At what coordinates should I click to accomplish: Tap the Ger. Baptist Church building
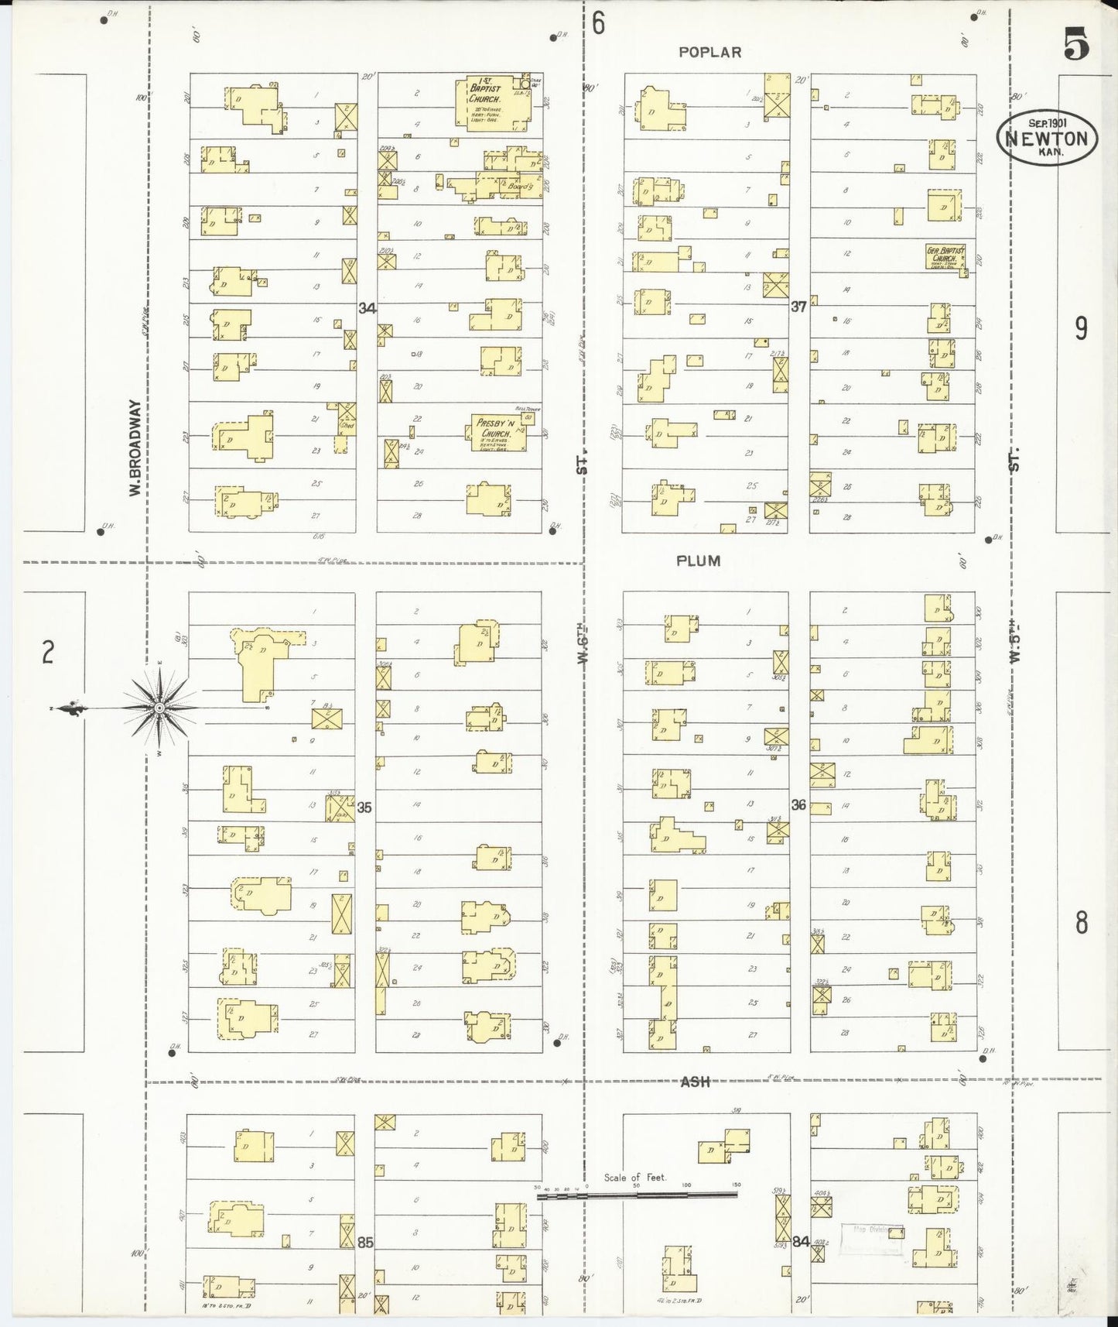point(945,256)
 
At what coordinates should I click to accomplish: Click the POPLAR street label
point(709,52)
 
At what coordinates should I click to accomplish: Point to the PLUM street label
point(698,561)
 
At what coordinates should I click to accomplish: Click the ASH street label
point(695,1082)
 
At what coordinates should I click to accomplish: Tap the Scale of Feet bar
point(637,1195)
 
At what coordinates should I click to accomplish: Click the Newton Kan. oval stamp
point(1046,139)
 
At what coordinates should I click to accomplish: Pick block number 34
point(367,308)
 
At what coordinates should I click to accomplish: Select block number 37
point(798,307)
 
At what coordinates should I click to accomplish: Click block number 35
point(364,808)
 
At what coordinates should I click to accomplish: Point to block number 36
point(798,805)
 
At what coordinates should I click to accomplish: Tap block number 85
point(365,1242)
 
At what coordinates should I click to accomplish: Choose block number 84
point(800,1241)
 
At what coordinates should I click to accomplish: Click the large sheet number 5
point(1075,44)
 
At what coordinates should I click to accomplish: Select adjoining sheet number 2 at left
point(48,653)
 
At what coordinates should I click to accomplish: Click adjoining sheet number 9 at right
point(1081,328)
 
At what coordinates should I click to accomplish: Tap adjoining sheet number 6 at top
point(598,23)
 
